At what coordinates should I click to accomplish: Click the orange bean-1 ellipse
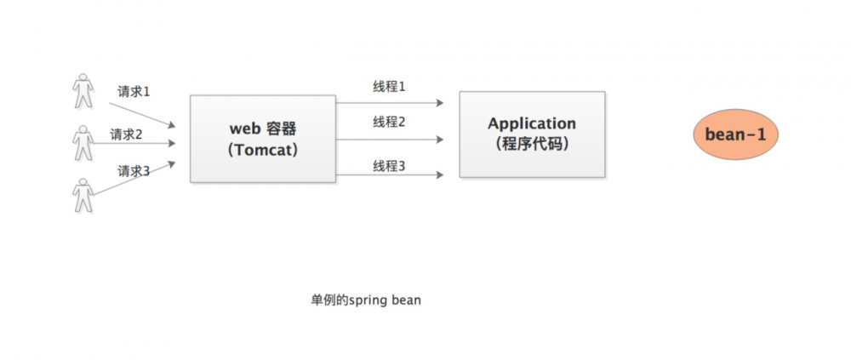736,134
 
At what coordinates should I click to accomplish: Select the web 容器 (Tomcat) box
262,139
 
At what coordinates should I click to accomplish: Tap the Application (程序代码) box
532,134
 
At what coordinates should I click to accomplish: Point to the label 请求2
126,134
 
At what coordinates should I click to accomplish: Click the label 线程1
389,87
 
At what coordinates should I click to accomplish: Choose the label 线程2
389,122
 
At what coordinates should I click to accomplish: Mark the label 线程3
389,165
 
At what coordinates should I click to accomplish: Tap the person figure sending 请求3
83,195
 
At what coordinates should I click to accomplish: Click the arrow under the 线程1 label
390,103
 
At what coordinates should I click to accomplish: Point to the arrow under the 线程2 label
390,139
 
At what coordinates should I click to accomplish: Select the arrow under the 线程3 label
390,174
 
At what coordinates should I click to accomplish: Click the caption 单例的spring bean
366,300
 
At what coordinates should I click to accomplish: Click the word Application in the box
532,124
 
